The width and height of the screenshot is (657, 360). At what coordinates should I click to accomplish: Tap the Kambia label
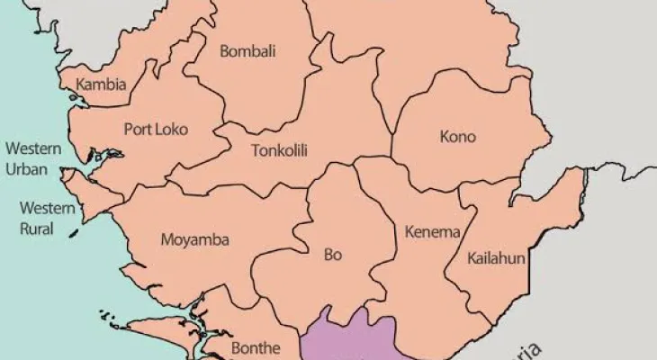coord(101,85)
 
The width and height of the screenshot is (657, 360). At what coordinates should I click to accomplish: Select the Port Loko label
coord(156,130)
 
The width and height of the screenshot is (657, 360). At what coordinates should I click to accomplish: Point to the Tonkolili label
coord(279,150)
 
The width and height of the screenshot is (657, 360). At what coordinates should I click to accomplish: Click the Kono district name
coord(457,138)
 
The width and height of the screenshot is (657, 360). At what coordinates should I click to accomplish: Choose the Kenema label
coord(432,232)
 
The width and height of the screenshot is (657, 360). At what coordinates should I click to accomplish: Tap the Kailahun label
coord(496,258)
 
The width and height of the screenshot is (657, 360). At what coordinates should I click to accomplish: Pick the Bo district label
coord(333,255)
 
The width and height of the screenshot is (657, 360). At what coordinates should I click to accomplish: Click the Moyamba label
coord(194,240)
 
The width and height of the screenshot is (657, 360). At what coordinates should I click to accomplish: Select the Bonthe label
coord(256,347)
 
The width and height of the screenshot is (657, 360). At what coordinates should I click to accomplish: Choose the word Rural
coord(37,229)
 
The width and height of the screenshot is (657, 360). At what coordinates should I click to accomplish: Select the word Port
coord(138,130)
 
